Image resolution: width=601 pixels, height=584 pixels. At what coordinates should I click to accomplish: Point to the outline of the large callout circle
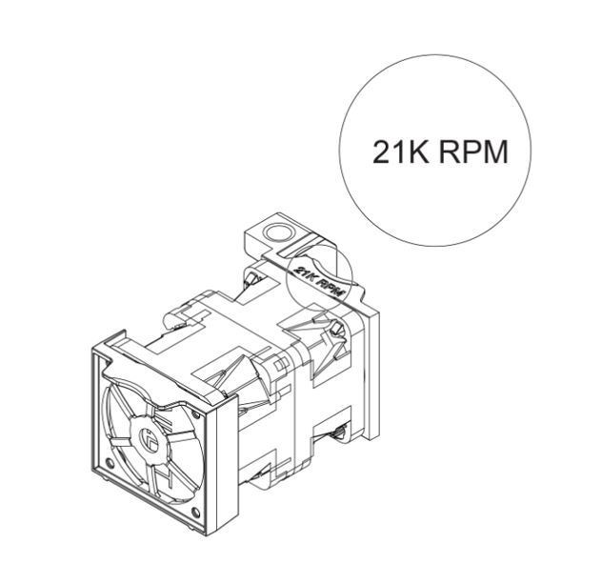tap(340, 152)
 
